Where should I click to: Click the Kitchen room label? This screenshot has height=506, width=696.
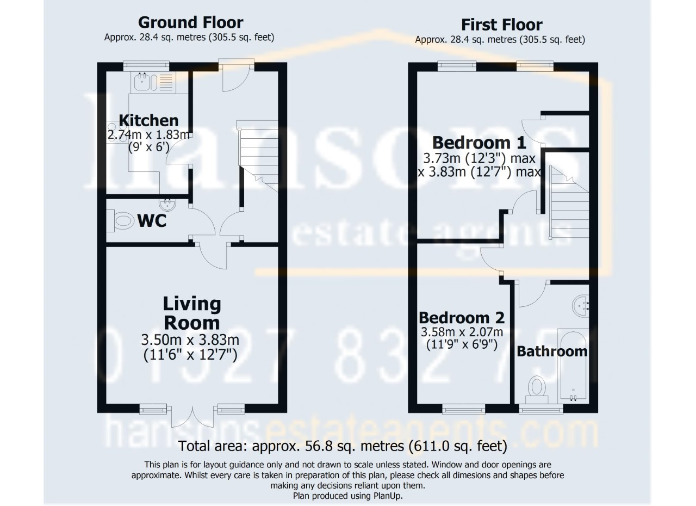(x=148, y=120)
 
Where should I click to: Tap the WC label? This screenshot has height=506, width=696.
(x=151, y=221)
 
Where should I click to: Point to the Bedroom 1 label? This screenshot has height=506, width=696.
(x=479, y=143)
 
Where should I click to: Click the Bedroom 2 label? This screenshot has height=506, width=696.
(x=462, y=317)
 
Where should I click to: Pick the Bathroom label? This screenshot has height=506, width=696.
(x=552, y=351)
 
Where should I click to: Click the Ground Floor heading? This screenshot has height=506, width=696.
(x=190, y=22)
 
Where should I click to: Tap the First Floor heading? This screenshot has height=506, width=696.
(x=501, y=24)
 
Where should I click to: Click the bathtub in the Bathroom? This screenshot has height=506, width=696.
(x=573, y=365)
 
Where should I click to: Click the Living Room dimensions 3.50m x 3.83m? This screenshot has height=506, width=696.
(x=190, y=341)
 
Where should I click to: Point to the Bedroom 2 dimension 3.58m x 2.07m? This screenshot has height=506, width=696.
(x=462, y=332)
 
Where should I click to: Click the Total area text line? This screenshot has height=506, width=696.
(x=343, y=447)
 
